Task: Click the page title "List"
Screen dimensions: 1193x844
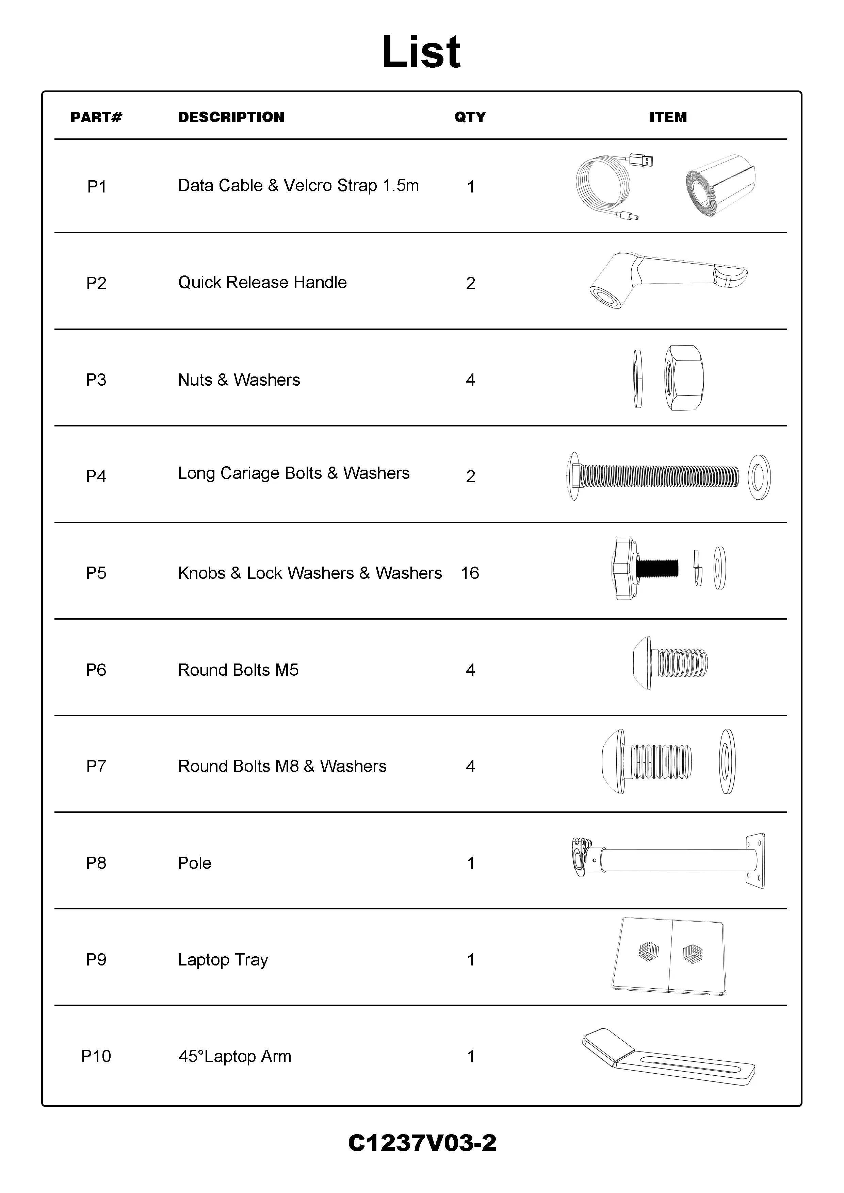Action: coord(421,52)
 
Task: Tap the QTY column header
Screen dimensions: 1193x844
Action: coord(470,117)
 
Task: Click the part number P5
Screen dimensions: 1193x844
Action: coord(96,573)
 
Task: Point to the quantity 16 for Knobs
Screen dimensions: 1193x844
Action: coord(470,573)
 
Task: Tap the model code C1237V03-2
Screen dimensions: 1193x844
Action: coord(422,1143)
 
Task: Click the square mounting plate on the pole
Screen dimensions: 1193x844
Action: coord(755,861)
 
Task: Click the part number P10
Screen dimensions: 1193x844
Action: coord(96,1056)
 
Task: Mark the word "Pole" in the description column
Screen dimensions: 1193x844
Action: coord(194,863)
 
